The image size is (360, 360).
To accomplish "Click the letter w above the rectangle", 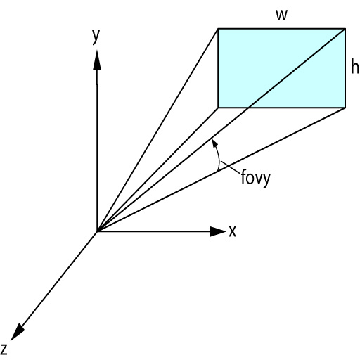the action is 281,15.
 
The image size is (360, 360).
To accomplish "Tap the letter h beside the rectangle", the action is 355,66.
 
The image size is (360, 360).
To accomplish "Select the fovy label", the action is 256,178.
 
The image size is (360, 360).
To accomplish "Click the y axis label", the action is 96,36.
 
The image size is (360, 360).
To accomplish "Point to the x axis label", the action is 232,231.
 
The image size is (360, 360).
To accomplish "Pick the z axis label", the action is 4,349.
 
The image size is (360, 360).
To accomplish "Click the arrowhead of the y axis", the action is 97,60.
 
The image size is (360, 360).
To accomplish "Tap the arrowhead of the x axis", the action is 218,231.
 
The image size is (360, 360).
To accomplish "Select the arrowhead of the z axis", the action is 18,333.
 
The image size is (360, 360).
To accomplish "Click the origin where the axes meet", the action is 97,231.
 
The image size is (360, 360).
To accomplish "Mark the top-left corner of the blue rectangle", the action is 218,29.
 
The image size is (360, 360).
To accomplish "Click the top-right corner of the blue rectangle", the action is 345,29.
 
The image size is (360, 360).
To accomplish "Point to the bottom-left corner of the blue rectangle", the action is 218,108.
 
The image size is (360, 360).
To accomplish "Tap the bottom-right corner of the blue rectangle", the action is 345,108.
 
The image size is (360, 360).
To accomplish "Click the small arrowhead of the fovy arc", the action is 214,143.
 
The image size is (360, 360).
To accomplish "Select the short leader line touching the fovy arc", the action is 231,167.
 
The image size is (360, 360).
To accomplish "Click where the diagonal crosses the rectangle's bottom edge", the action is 248,108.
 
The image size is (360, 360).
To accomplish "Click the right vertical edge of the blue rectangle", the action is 345,68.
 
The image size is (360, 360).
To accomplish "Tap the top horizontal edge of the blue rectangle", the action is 281,29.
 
